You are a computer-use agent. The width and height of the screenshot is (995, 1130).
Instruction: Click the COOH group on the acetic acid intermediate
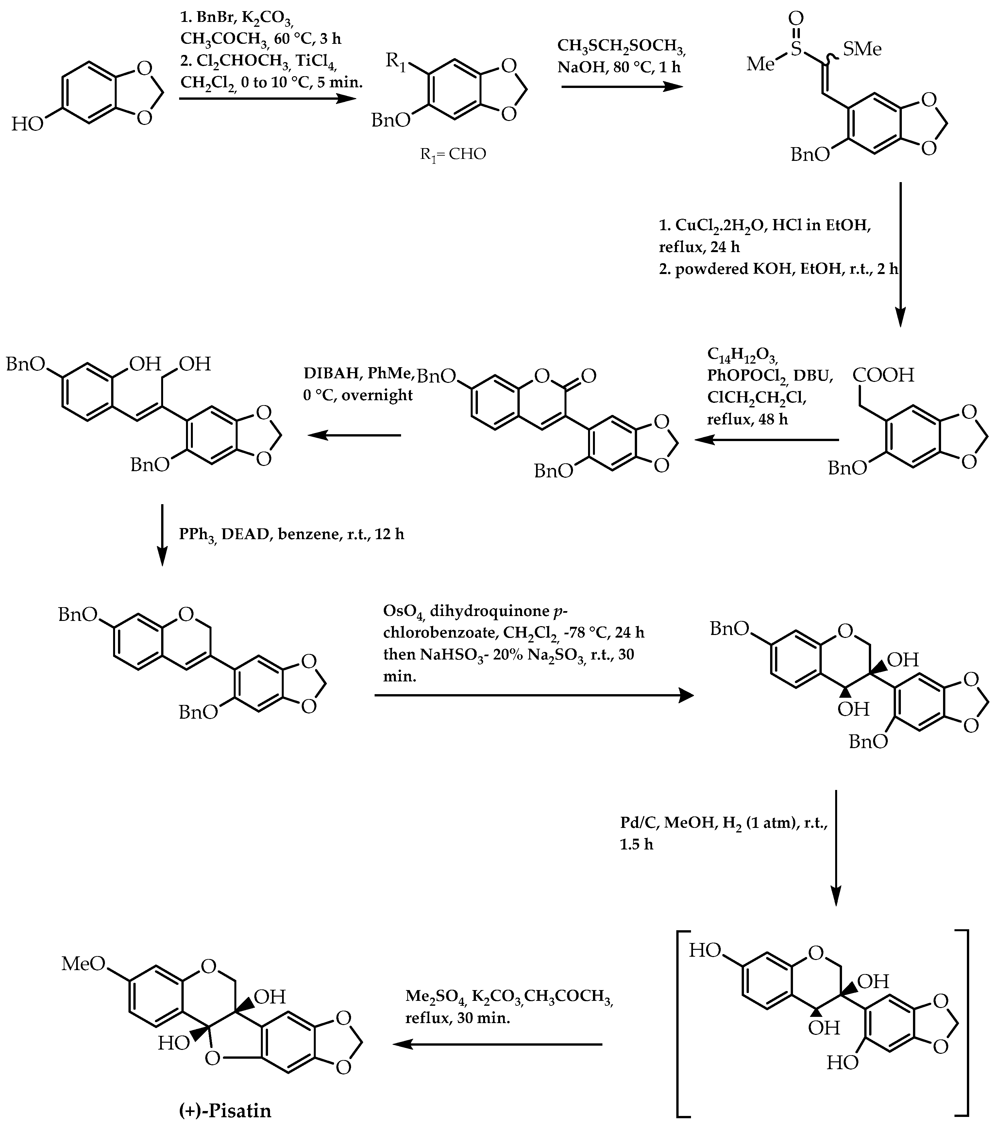[883, 375]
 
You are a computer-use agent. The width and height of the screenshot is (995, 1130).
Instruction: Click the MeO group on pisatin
[83, 964]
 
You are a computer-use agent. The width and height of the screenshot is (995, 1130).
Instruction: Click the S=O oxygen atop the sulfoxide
[796, 18]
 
